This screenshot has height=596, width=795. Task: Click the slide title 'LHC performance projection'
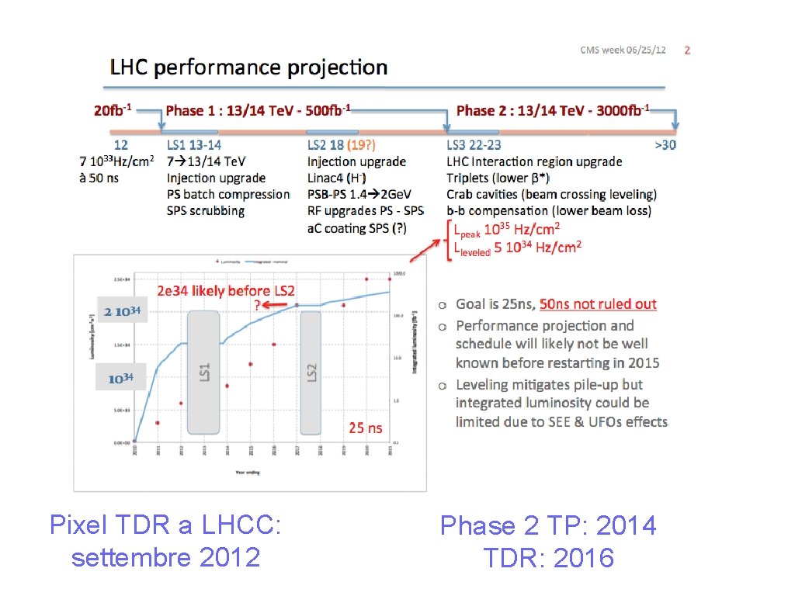[x=248, y=68]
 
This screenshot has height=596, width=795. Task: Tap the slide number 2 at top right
[x=687, y=50]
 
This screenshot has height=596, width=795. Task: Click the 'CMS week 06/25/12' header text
[x=623, y=50]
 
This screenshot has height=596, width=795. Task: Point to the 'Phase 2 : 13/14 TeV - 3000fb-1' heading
[x=553, y=110]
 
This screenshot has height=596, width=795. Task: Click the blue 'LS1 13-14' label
[x=194, y=144]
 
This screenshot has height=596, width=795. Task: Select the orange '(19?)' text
[x=362, y=144]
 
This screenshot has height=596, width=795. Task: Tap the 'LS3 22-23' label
[x=474, y=144]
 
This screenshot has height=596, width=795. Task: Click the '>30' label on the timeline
[x=665, y=144]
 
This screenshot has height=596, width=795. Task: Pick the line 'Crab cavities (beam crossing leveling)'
[x=551, y=194]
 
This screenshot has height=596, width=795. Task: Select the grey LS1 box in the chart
[x=204, y=372]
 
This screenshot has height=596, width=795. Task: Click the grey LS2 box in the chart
[x=311, y=372]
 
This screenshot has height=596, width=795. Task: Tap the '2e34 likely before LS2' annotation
[x=226, y=291]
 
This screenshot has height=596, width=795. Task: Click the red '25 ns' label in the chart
[x=366, y=428]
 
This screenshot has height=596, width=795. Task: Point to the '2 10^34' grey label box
[x=122, y=311]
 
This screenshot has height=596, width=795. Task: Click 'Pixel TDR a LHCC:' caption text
[x=165, y=525]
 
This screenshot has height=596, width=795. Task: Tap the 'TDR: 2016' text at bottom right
[x=548, y=557]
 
